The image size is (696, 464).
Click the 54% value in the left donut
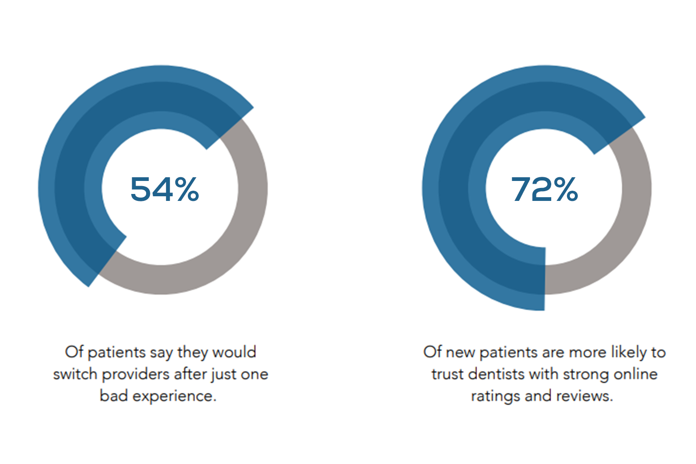tap(165, 189)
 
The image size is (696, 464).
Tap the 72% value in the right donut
tap(545, 189)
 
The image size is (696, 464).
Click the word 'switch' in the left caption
tap(75, 374)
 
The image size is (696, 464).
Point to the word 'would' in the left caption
tap(234, 352)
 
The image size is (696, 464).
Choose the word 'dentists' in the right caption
tap(496, 374)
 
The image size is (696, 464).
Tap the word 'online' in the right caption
tap(636, 374)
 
